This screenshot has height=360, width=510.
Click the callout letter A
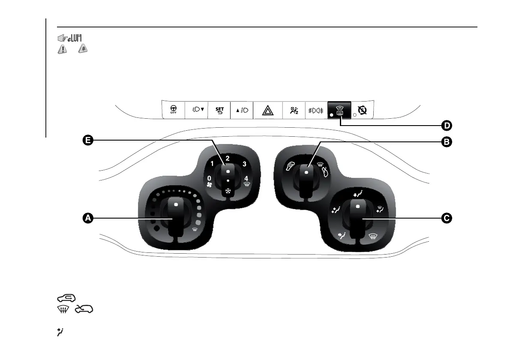[88, 219]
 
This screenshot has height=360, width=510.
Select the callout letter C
[447, 219]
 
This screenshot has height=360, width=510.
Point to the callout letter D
[447, 126]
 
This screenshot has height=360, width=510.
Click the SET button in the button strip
[219, 110]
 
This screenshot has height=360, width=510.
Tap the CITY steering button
[173, 110]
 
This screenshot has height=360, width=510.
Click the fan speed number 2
[228, 158]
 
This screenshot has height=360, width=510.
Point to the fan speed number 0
[209, 178]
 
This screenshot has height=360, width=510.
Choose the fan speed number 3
[244, 164]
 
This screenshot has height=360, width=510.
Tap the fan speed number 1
[212, 164]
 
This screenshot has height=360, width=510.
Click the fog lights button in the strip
[316, 110]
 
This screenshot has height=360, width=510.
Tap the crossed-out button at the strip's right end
[363, 110]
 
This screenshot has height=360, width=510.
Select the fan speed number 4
[246, 178]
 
